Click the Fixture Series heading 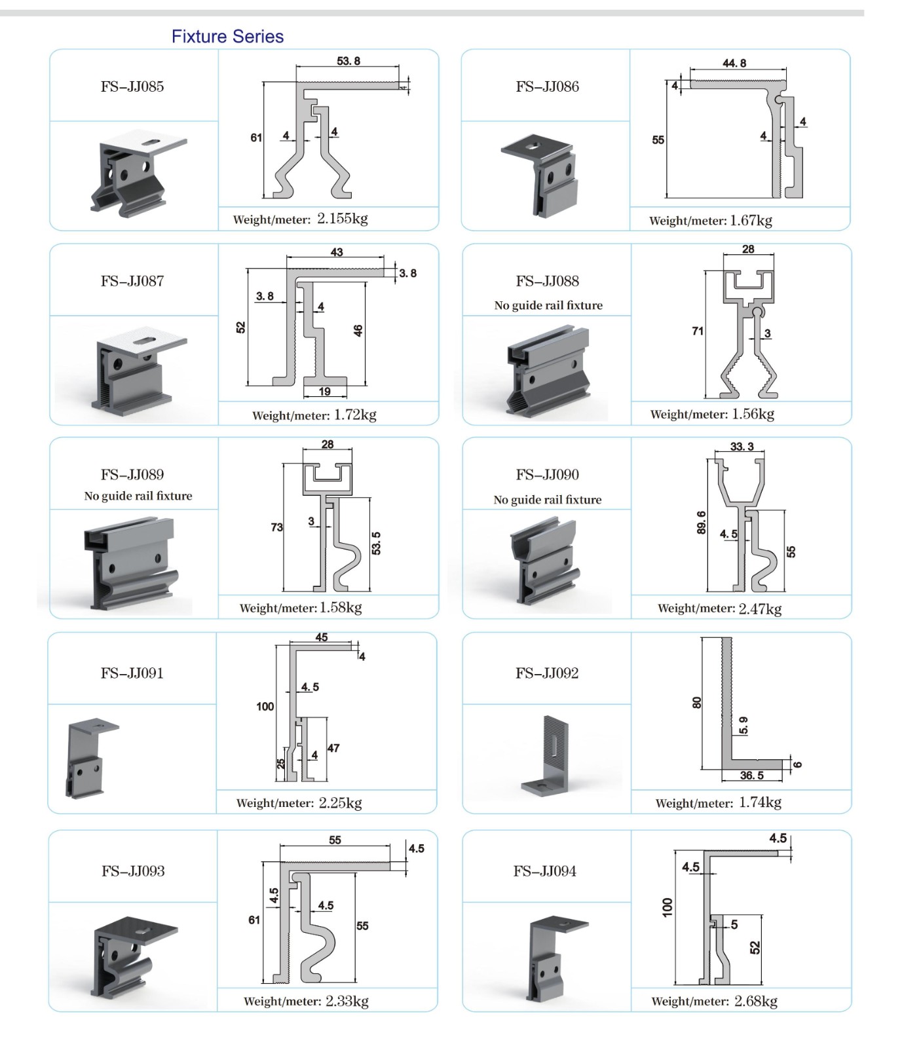pos(227,37)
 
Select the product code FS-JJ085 pos(132,86)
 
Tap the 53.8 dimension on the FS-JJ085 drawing pos(348,61)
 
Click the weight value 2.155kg pos(342,219)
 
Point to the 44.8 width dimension pos(734,63)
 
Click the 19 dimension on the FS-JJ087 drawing pos(324,392)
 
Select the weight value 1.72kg pos(355,415)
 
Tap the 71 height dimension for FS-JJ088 pos(698,331)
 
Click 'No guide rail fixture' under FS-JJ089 pos(138,496)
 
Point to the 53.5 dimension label pos(376,543)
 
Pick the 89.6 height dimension pos(701,523)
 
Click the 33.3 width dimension pos(742,446)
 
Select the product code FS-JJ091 pos(132,673)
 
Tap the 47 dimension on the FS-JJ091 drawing pos(333,748)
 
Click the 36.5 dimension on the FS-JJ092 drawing pos(751,776)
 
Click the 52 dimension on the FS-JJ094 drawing pos(755,947)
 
